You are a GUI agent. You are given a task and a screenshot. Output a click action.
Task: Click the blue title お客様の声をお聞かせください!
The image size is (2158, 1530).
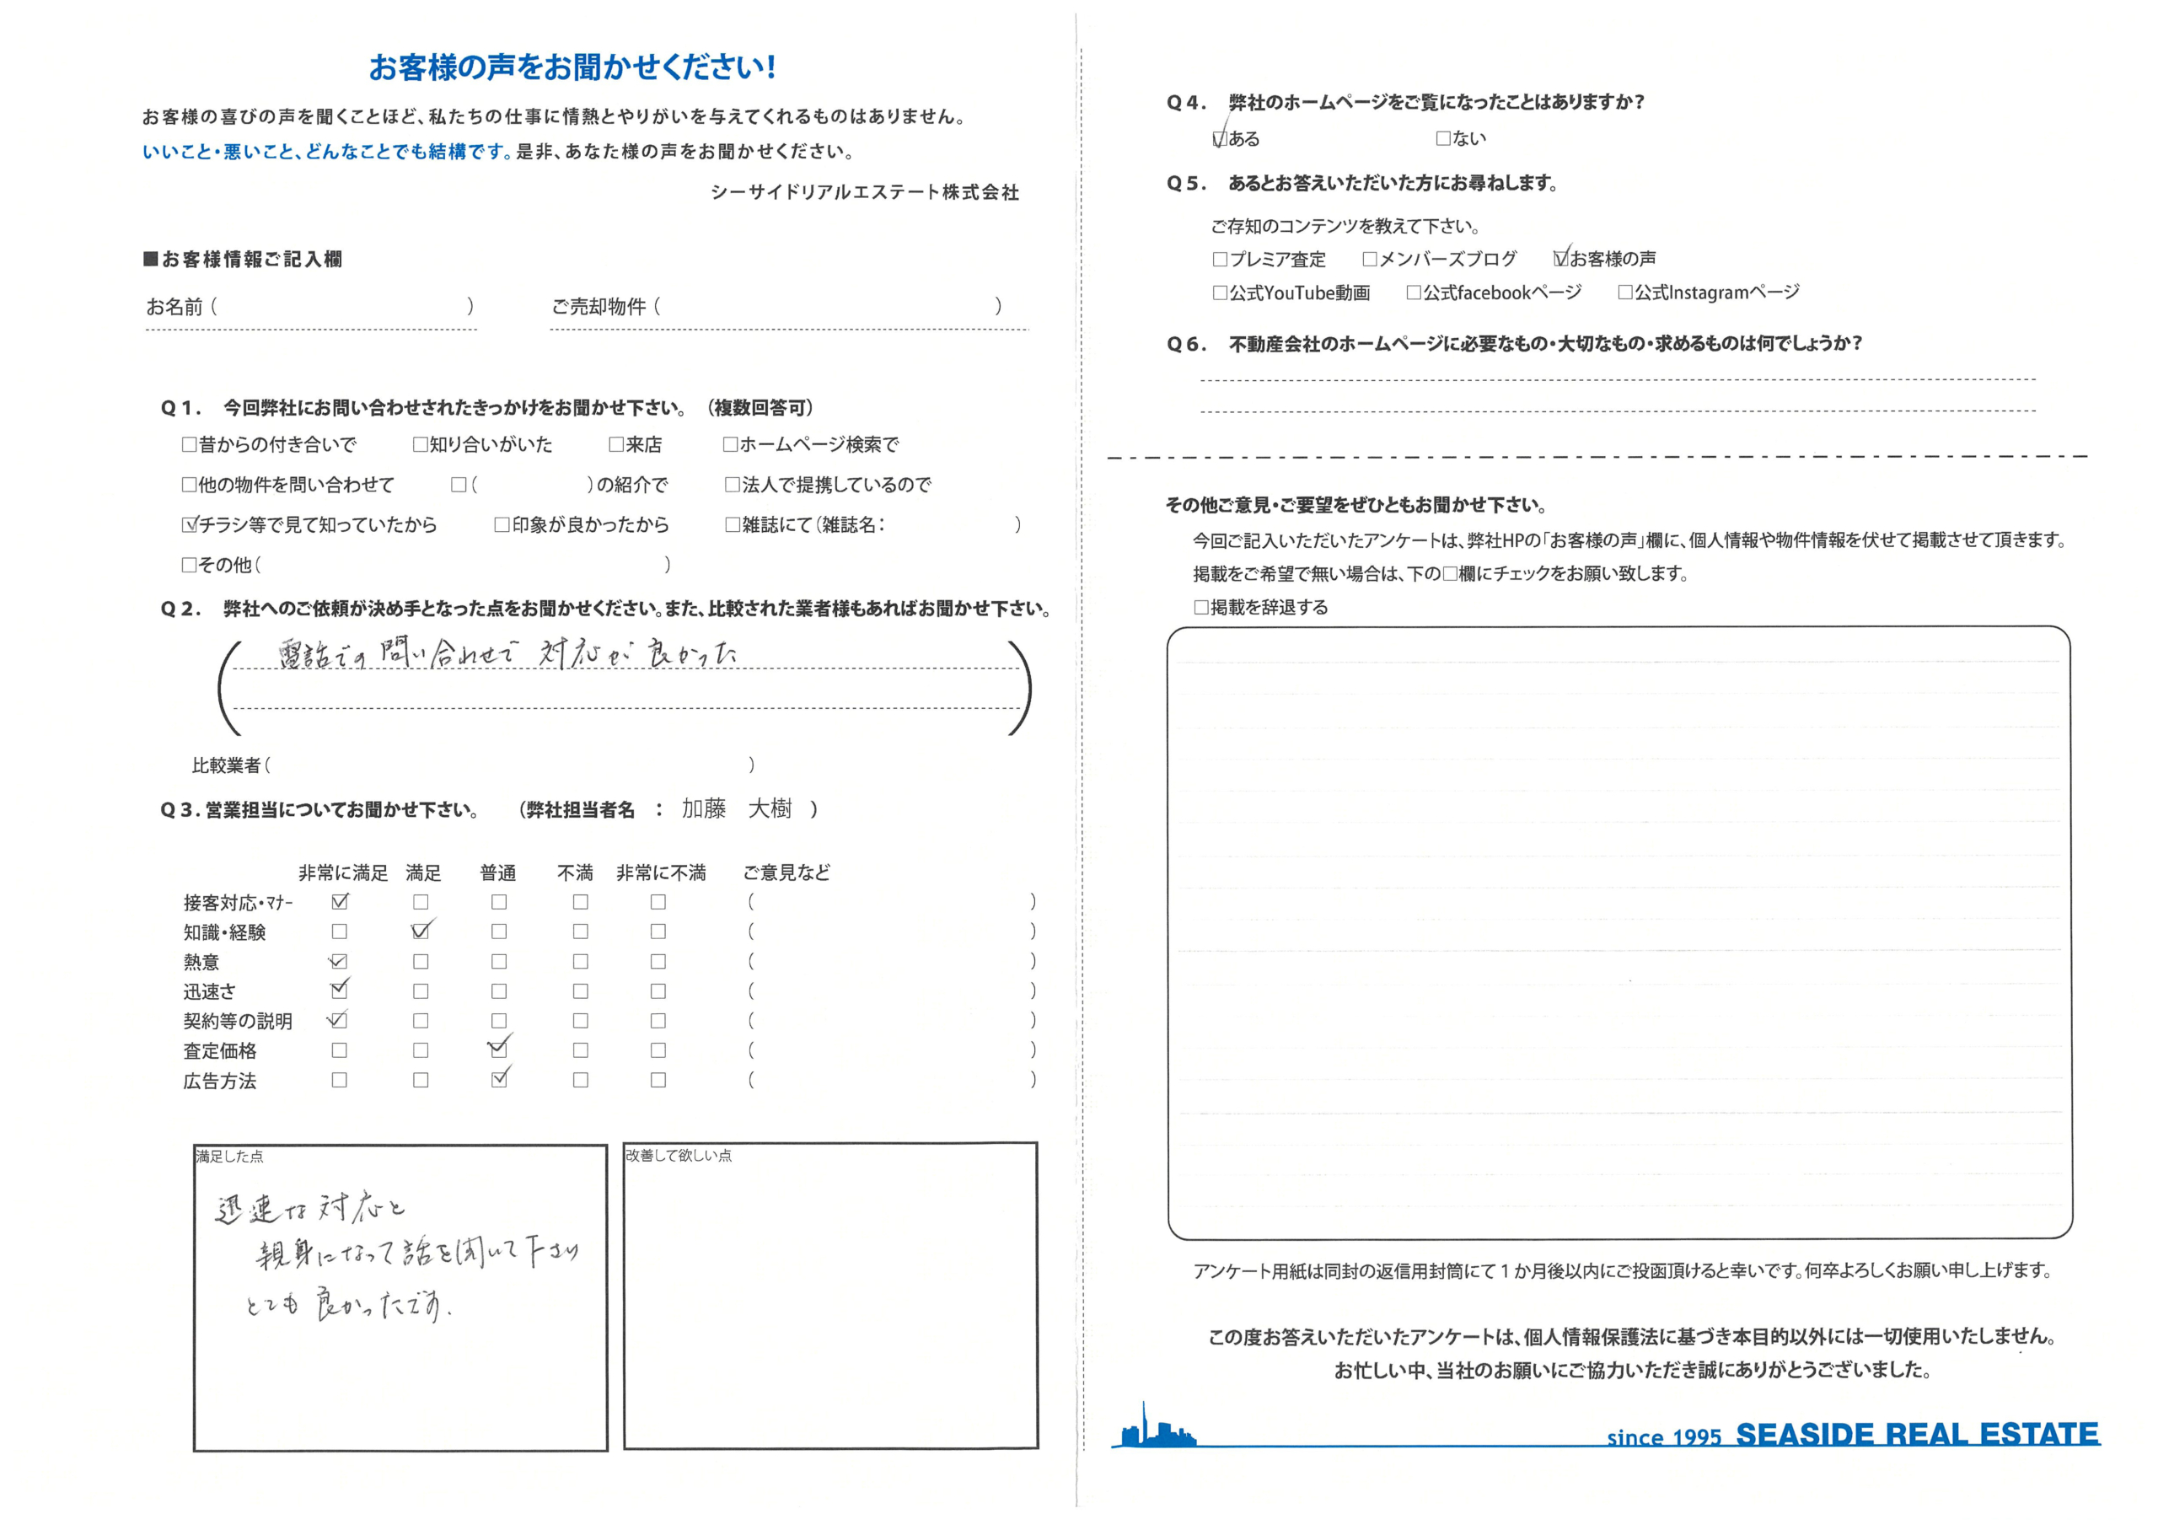click(x=572, y=67)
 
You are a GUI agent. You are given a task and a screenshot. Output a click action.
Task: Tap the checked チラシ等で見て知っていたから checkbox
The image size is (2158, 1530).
click(x=190, y=525)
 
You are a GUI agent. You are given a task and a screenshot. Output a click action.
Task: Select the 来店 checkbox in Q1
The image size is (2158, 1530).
click(x=616, y=443)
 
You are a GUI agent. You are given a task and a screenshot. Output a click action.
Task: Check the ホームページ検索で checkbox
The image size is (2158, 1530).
click(x=730, y=443)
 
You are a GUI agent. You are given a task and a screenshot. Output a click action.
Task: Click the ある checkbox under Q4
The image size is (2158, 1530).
click(x=1220, y=139)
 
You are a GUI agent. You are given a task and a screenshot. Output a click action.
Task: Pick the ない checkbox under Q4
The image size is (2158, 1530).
click(x=1443, y=138)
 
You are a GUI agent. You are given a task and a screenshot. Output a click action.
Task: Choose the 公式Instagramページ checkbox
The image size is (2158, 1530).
click(x=1625, y=292)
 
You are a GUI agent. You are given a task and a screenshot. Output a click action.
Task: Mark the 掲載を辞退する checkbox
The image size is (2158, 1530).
click(x=1201, y=608)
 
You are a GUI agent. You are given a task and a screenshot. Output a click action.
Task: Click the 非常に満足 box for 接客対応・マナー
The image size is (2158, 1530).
click(x=340, y=902)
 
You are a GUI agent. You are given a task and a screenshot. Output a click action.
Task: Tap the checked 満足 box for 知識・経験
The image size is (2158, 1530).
click(x=420, y=931)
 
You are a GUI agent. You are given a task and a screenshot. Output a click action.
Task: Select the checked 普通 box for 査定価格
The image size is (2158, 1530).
click(x=498, y=1050)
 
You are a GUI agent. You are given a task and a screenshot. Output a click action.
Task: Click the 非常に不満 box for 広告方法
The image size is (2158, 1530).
click(x=658, y=1080)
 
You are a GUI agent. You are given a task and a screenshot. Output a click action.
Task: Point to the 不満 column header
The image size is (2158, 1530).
click(x=575, y=872)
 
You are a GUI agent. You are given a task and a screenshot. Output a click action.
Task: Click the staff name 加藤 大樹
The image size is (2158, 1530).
click(x=737, y=808)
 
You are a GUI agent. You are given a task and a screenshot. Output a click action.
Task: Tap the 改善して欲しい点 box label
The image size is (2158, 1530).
click(x=679, y=1155)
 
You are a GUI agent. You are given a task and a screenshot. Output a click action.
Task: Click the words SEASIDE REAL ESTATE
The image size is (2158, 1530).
click(x=1917, y=1434)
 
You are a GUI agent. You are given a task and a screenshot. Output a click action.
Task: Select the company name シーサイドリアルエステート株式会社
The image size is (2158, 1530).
click(x=864, y=192)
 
